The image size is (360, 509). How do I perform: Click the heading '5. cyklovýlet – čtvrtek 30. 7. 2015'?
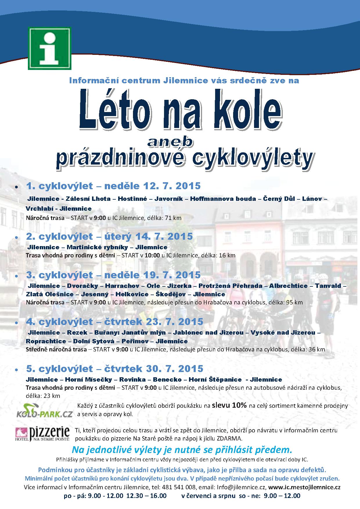115,369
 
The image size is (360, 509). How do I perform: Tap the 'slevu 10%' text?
229,405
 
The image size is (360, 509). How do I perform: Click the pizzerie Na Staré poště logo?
43,434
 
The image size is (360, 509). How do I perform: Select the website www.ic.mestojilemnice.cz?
304,487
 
